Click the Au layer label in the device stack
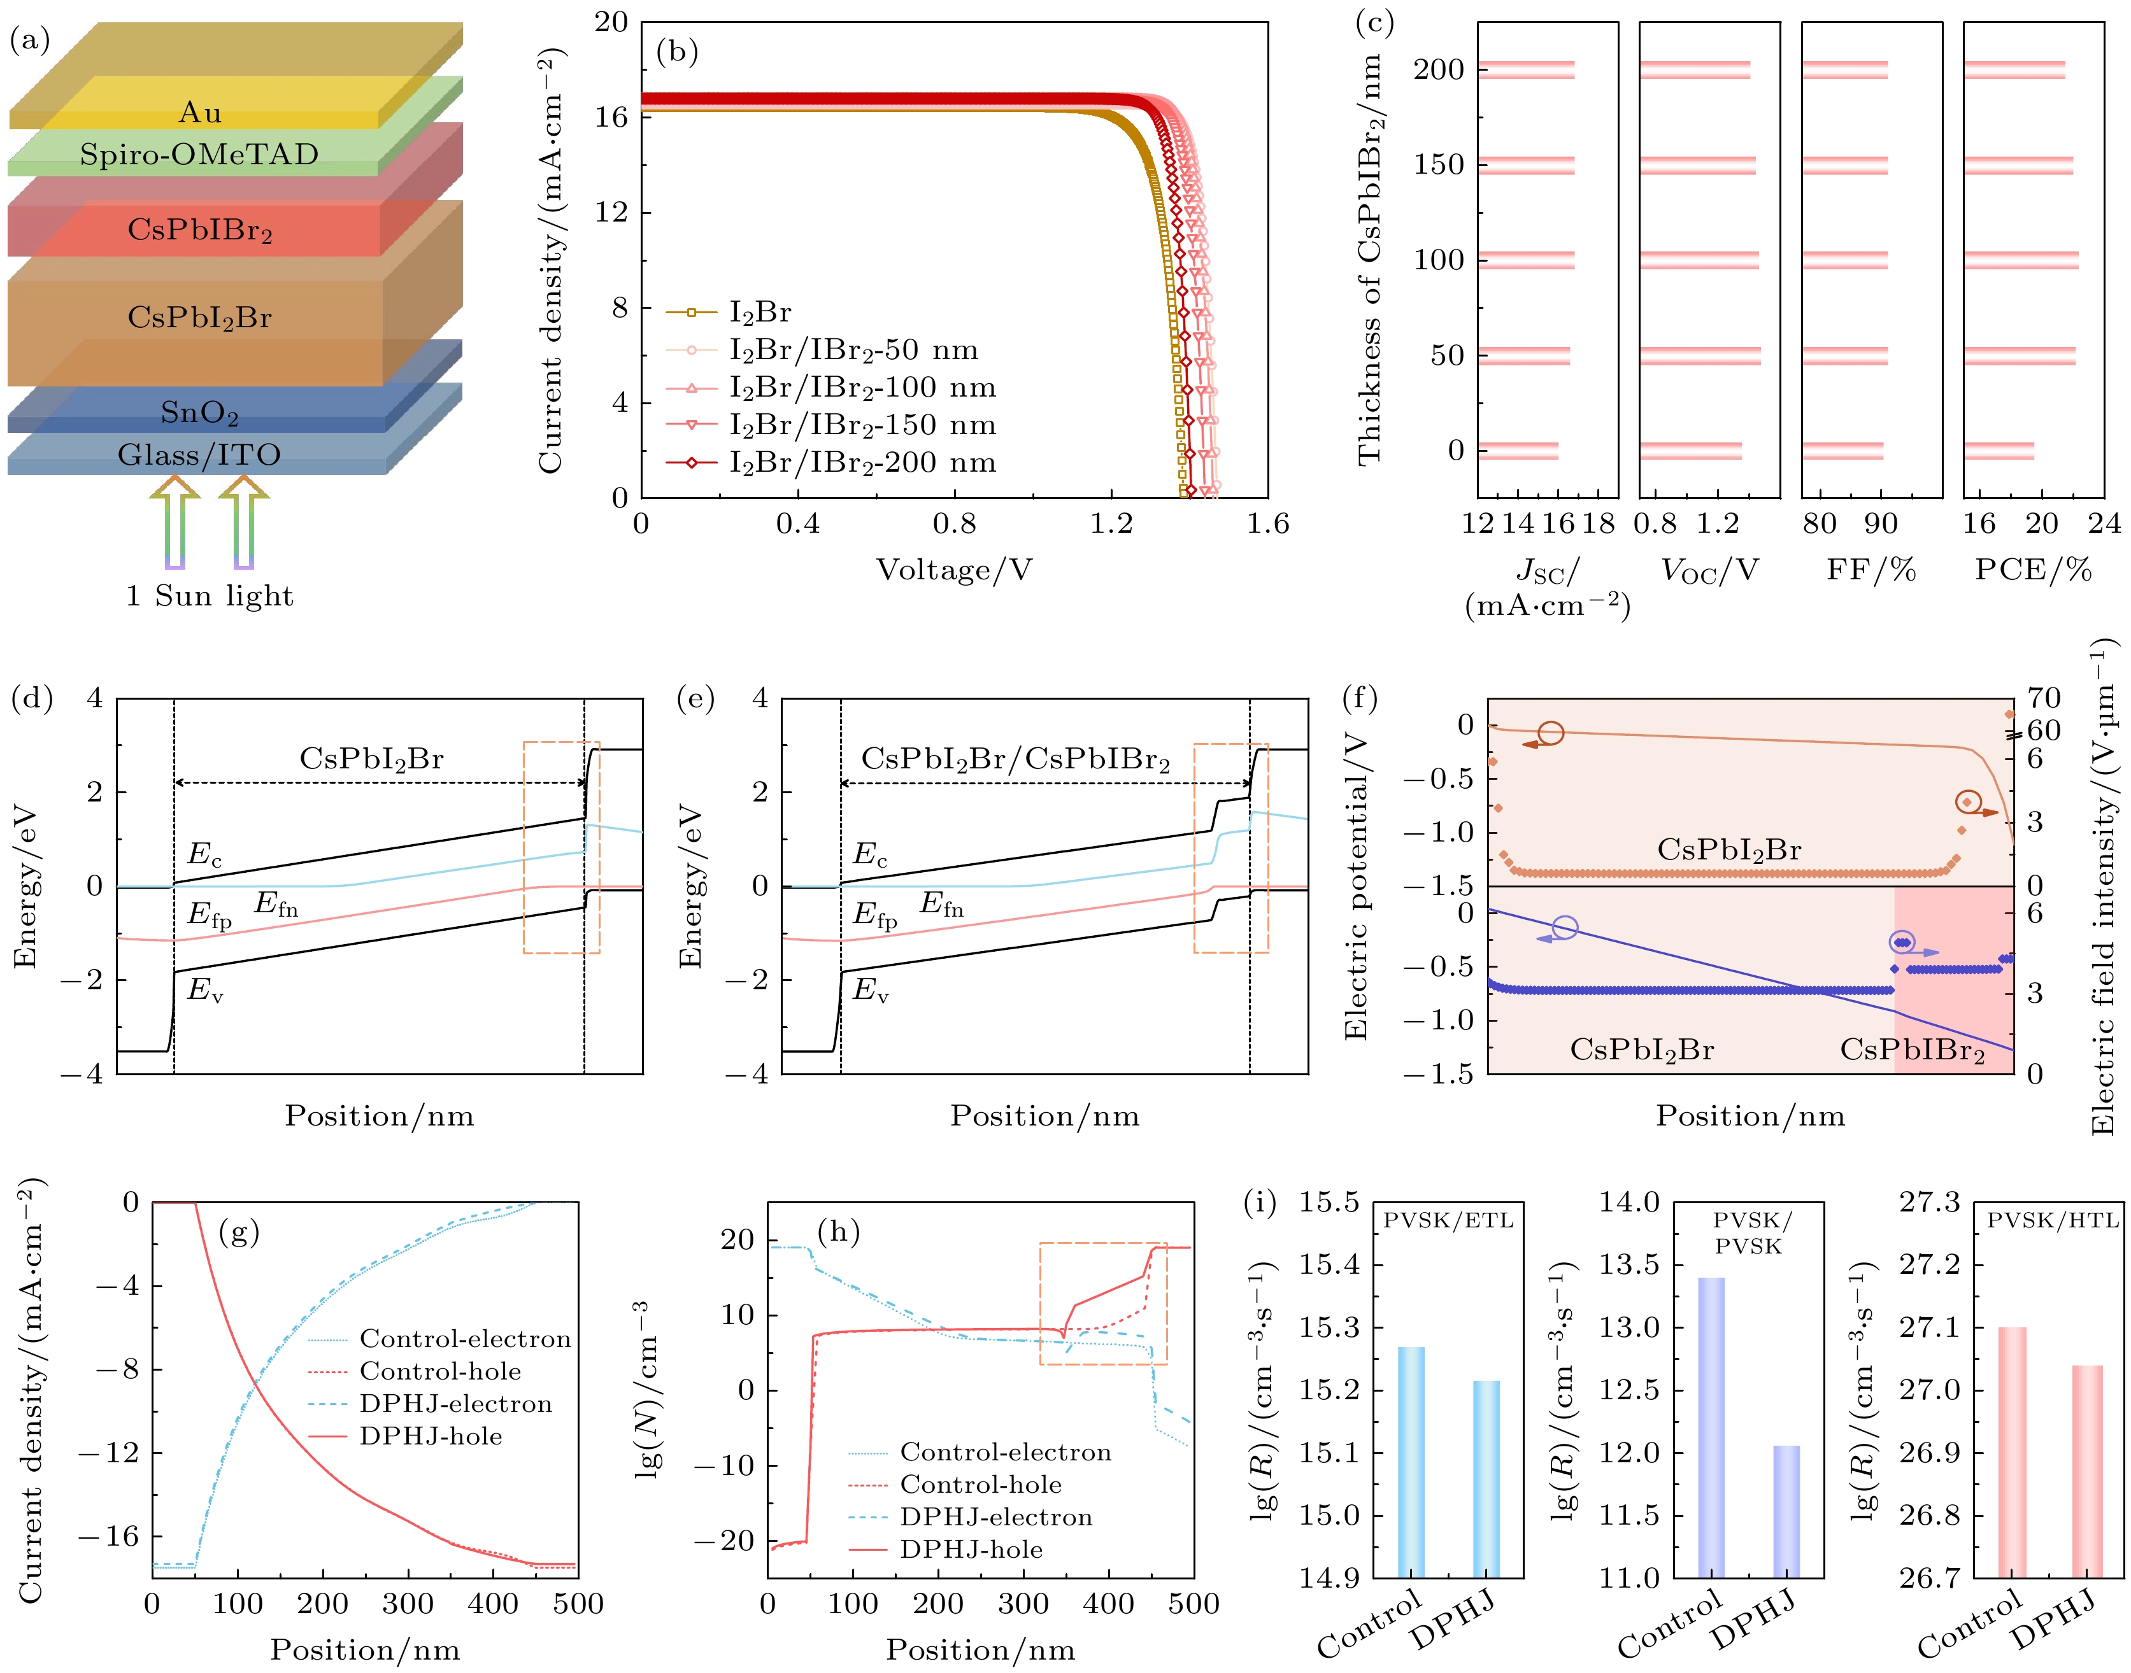pyautogui.click(x=200, y=113)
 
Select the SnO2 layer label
pyautogui.click(x=200, y=413)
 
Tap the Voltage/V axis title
pyautogui.click(x=953, y=570)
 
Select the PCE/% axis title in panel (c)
pyautogui.click(x=2033, y=570)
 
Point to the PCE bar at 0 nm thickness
pyautogui.click(x=1999, y=451)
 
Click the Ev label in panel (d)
pyautogui.click(x=205, y=991)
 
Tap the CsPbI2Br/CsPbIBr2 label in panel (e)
pyautogui.click(x=1015, y=759)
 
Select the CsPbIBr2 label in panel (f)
pyautogui.click(x=1911, y=1050)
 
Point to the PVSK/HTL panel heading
pyautogui.click(x=2051, y=1220)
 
